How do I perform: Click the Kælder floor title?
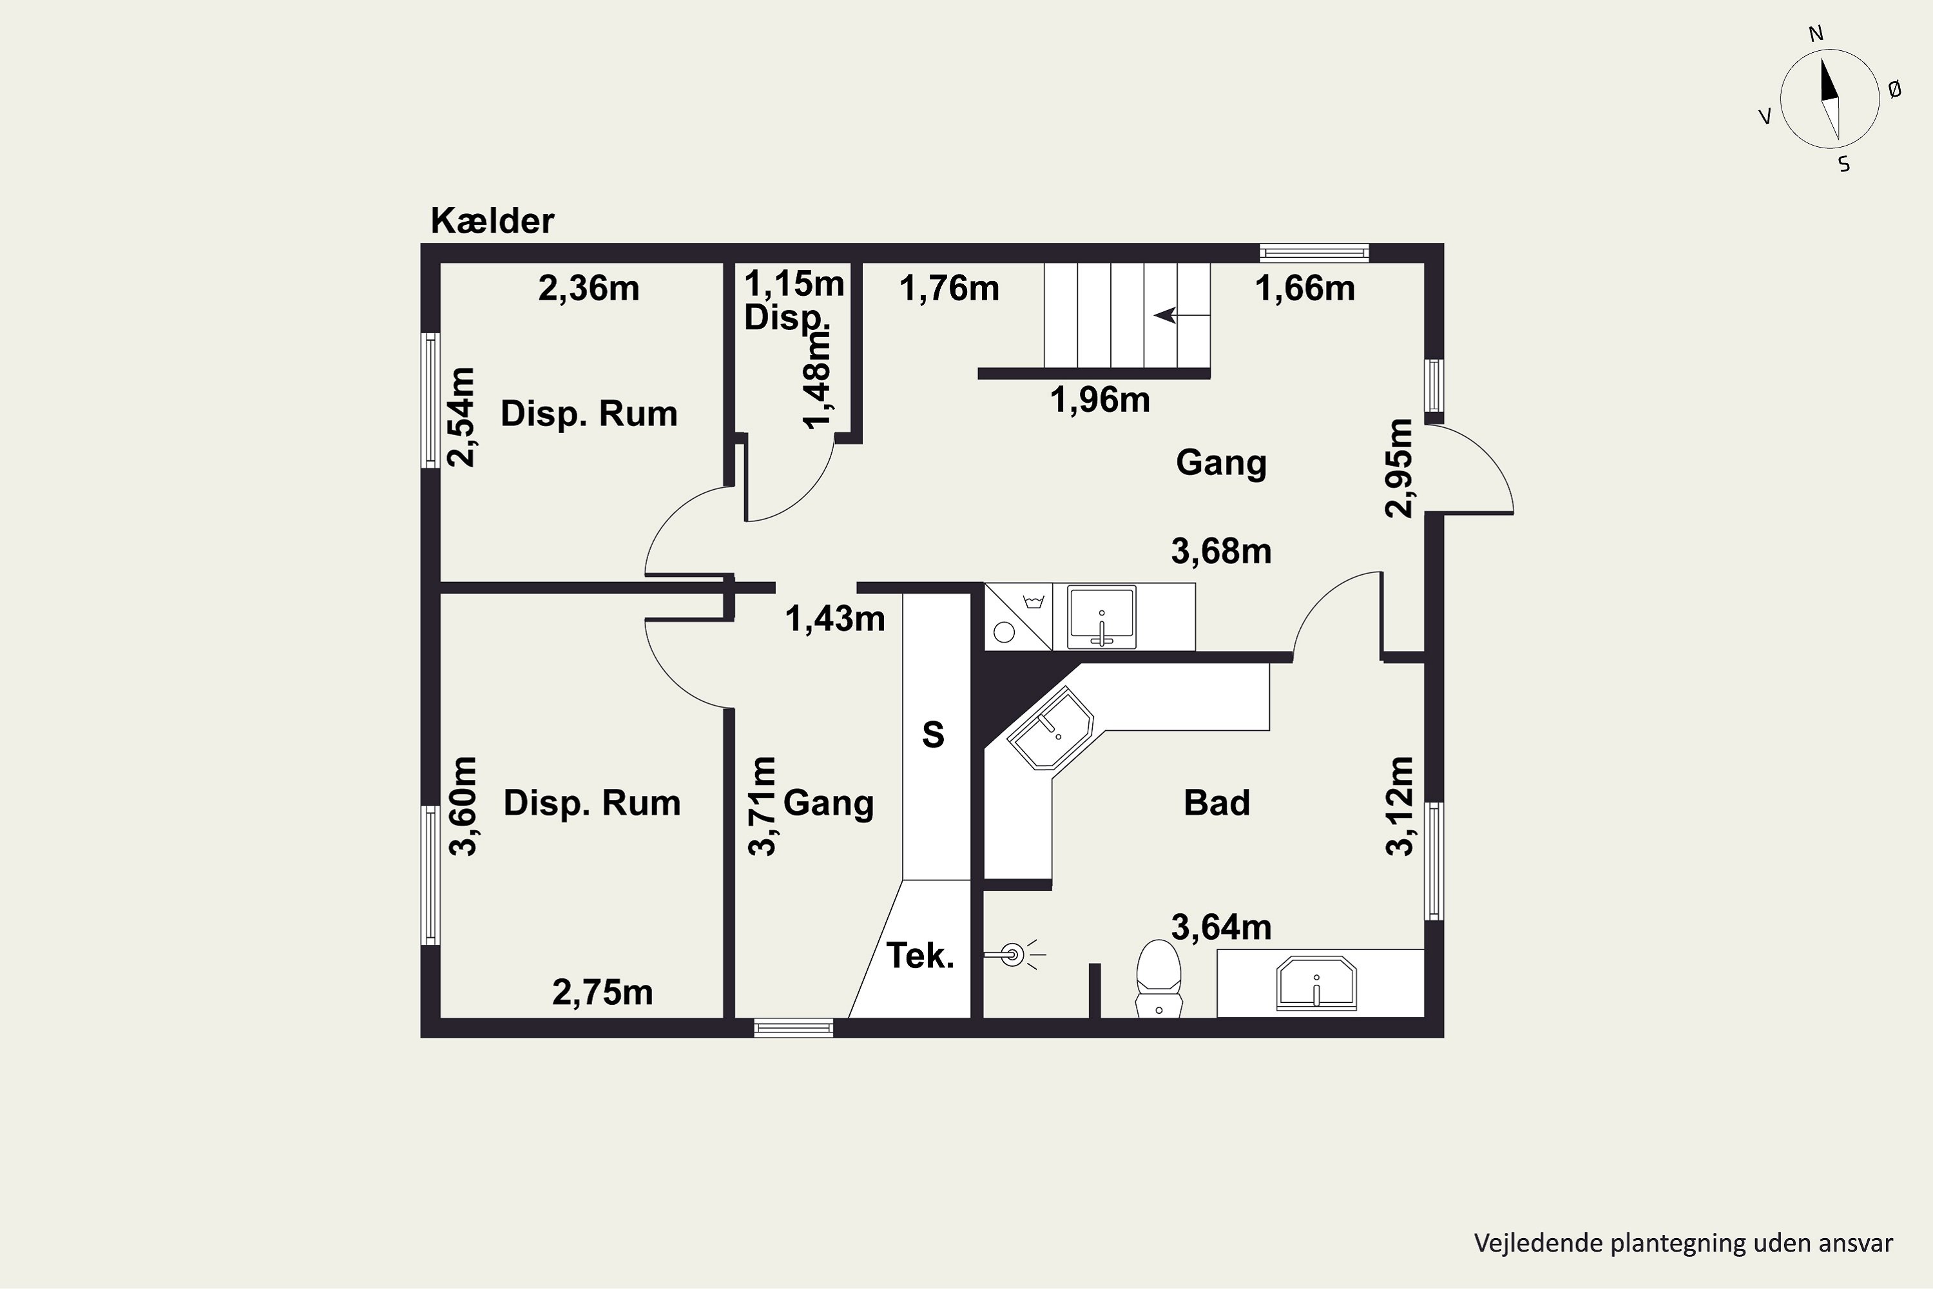[492, 220]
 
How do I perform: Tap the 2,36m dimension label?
[588, 289]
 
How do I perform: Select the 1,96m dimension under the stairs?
[1100, 400]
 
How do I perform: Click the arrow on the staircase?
[1182, 315]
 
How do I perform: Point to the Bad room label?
[1217, 802]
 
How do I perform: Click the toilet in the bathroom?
[1158, 978]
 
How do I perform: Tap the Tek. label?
[919, 955]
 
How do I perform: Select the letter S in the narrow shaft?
[933, 734]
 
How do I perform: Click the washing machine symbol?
[1018, 617]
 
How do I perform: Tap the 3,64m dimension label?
[1221, 927]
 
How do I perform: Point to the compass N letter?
[1816, 57]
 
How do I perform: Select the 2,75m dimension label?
[602, 993]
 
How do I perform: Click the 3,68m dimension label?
[1221, 552]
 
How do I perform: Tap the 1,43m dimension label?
[835, 619]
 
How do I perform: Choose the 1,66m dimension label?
[1305, 289]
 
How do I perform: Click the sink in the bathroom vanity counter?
[1316, 984]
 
